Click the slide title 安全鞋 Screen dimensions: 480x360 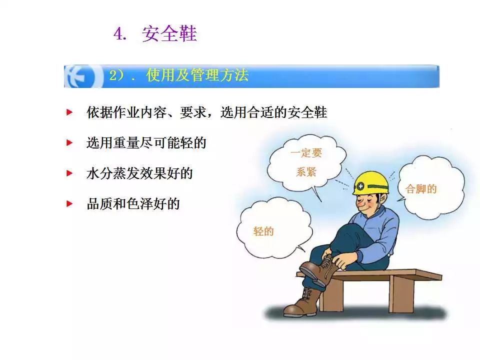pyautogui.click(x=169, y=33)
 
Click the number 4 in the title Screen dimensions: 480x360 pyautogui.click(x=119, y=33)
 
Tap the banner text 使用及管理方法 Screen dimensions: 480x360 pyautogui.click(x=197, y=75)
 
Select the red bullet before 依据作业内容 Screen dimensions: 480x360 pyautogui.click(x=69, y=112)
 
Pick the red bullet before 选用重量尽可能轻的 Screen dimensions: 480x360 pyautogui.click(x=69, y=142)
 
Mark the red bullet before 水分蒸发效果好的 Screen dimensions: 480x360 pyautogui.click(x=69, y=173)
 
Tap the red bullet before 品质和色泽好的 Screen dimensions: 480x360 pyautogui.click(x=69, y=203)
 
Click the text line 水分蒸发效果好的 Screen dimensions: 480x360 pyautogui.click(x=139, y=173)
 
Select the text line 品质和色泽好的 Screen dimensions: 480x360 pyautogui.click(x=133, y=204)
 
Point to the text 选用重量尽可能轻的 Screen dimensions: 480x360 pyautogui.click(x=146, y=143)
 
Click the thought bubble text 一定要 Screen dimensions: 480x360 pyautogui.click(x=306, y=152)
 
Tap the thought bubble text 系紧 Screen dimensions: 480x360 pyautogui.click(x=306, y=171)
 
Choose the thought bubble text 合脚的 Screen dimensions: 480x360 pyautogui.click(x=421, y=189)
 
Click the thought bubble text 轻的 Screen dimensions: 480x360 pyautogui.click(x=263, y=231)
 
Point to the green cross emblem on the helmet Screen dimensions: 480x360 pyautogui.click(x=360, y=185)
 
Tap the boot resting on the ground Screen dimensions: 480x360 pyautogui.click(x=302, y=302)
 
